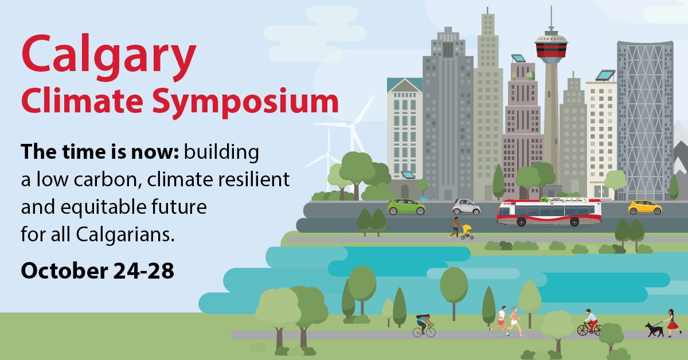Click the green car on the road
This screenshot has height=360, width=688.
[x=406, y=206]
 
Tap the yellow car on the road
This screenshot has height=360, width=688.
[x=644, y=207]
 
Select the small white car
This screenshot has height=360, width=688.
[x=466, y=207]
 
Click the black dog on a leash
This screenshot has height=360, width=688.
[x=652, y=329]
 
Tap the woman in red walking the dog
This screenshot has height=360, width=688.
[x=671, y=323]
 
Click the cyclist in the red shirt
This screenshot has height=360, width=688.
[x=589, y=323]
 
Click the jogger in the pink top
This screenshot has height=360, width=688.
[x=514, y=321]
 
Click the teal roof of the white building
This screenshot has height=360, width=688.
[x=404, y=85]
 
